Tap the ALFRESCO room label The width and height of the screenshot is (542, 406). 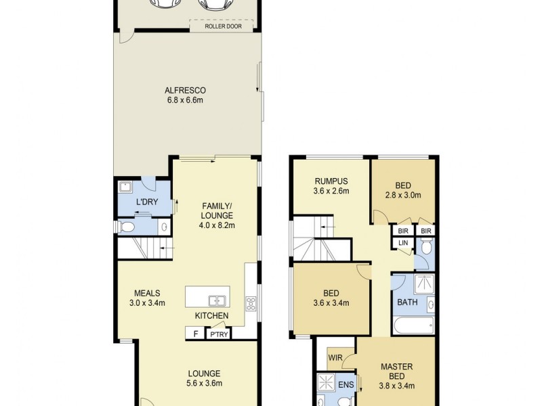pos(185,90)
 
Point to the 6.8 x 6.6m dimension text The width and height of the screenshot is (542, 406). pos(185,100)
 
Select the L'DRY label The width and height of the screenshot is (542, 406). pos(146,202)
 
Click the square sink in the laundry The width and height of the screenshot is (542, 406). pos(125,186)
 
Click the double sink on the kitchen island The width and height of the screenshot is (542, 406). pos(217,300)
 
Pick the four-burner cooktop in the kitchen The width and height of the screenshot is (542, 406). pos(251,304)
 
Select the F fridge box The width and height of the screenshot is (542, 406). pos(196,334)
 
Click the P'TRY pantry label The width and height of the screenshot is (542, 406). pos(218,334)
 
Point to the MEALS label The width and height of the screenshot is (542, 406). pos(147,293)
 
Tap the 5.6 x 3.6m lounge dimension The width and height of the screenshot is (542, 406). pos(204,384)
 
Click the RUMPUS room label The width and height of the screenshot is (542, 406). pos(331,181)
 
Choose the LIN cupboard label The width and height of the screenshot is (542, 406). pos(402,242)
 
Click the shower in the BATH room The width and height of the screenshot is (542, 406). pos(423,284)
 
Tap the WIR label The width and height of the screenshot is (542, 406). pos(334,357)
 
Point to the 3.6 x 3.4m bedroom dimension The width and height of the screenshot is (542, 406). pos(331,302)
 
